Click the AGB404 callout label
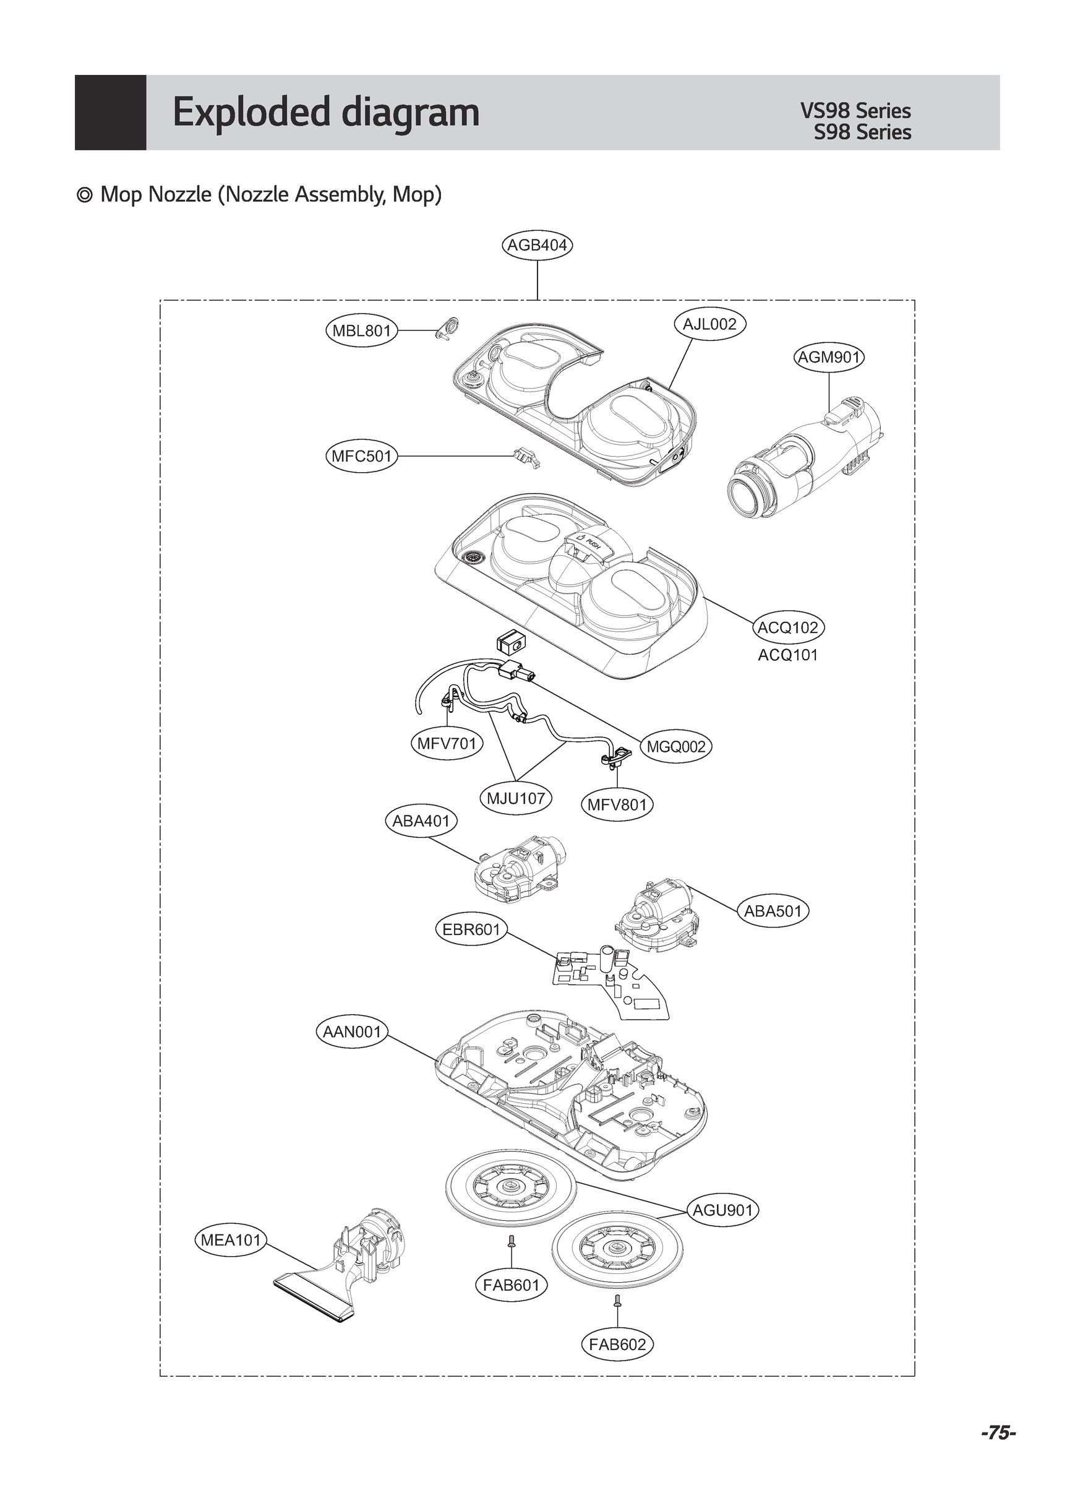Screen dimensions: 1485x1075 point(537,246)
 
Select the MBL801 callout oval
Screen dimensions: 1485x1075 point(361,330)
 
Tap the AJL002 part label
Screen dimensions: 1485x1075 point(709,324)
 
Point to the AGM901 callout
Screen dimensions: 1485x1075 point(829,358)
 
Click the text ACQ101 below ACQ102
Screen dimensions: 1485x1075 point(787,655)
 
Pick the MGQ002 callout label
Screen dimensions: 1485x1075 point(675,746)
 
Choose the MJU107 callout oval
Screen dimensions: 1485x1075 point(516,799)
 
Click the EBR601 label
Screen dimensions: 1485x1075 point(471,930)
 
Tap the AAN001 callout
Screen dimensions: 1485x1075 point(351,1033)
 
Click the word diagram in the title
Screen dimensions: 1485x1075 point(411,113)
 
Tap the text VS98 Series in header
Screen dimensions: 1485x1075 point(855,111)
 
